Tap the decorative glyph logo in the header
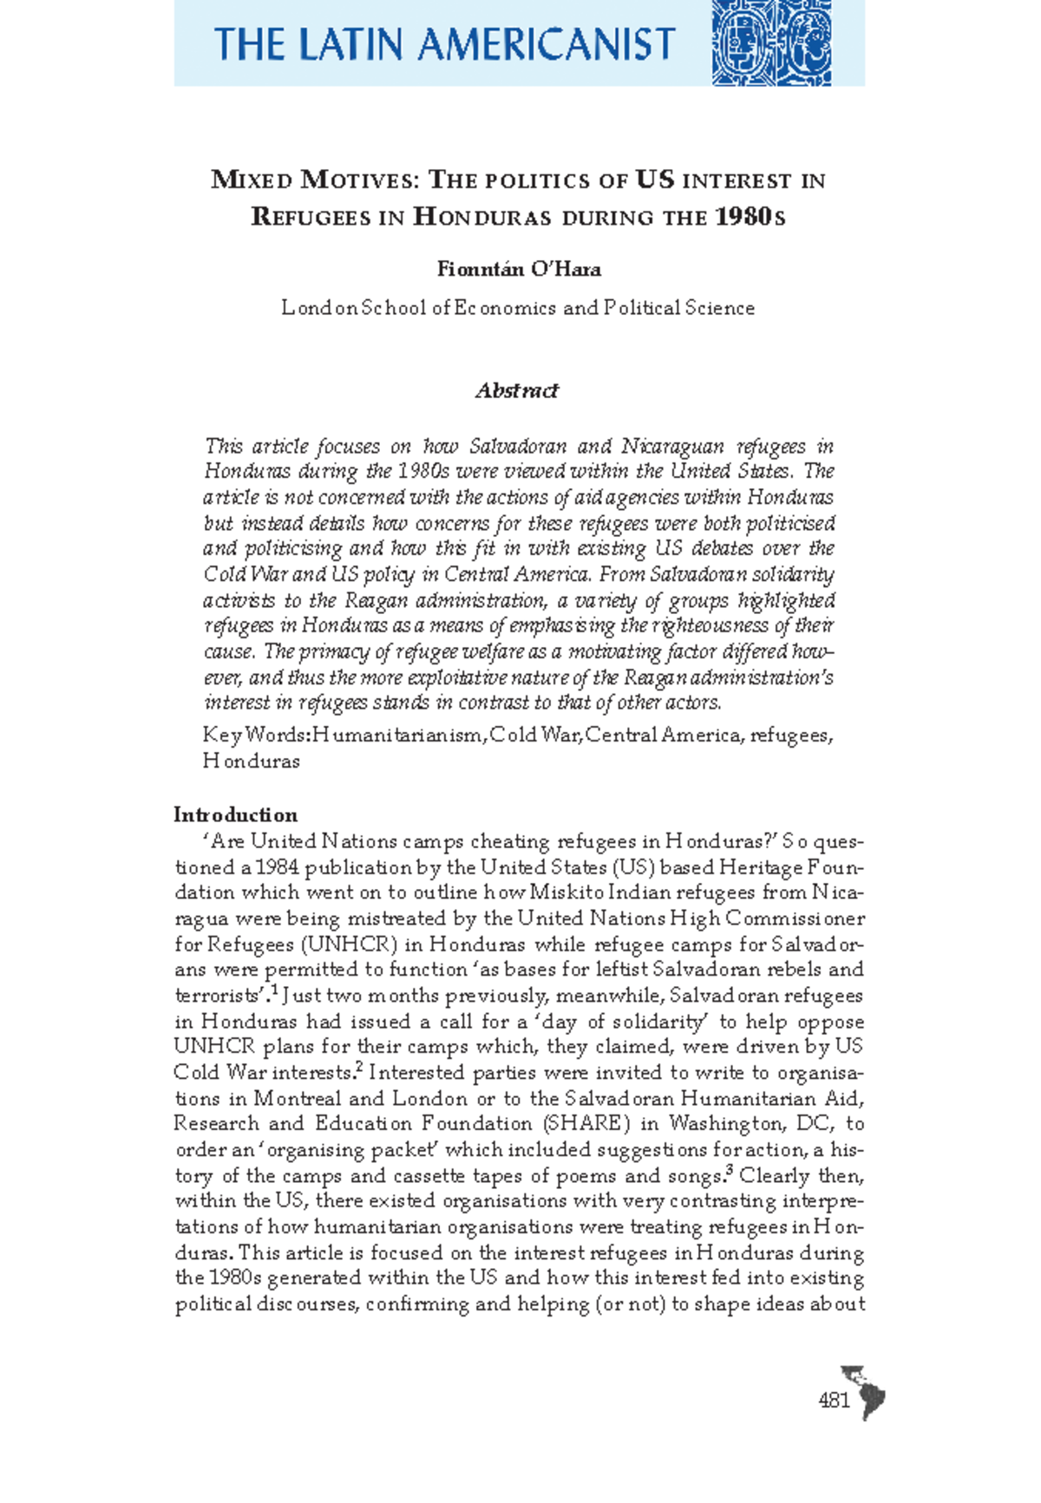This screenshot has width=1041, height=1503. [x=771, y=42]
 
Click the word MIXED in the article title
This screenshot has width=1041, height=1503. [x=252, y=180]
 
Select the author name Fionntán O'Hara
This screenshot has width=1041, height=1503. [x=519, y=269]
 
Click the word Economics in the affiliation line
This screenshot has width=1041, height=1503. [x=506, y=308]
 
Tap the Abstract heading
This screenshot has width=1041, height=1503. [x=517, y=390]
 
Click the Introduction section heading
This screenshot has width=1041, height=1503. [x=235, y=815]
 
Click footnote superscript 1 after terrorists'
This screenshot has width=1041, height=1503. [x=274, y=990]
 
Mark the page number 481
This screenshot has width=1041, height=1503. [x=834, y=1401]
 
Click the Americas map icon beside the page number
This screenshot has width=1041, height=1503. [x=864, y=1390]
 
